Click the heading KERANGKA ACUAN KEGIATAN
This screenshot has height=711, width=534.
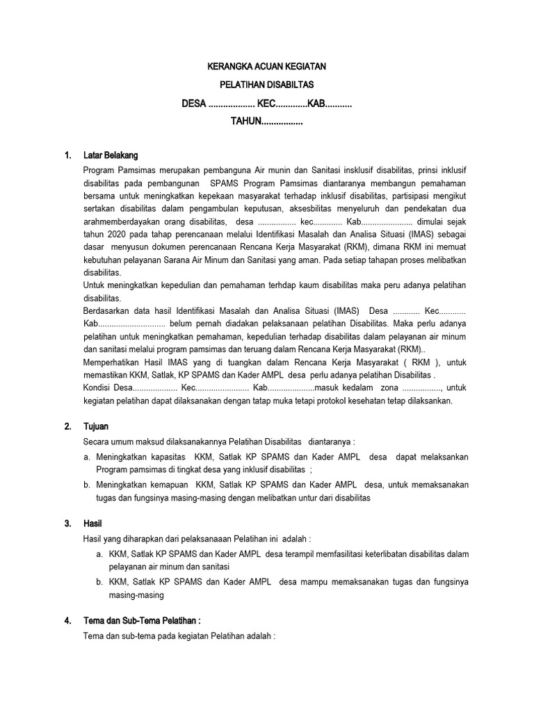click(x=267, y=67)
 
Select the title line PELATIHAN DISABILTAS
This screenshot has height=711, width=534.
click(x=267, y=85)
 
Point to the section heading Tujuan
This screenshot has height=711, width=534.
click(x=95, y=426)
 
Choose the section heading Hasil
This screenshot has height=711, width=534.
click(x=92, y=523)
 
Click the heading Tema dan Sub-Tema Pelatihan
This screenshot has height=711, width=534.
click(x=141, y=620)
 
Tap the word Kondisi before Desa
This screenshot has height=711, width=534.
click(x=97, y=387)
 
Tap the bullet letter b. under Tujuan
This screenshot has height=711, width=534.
click(x=87, y=485)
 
